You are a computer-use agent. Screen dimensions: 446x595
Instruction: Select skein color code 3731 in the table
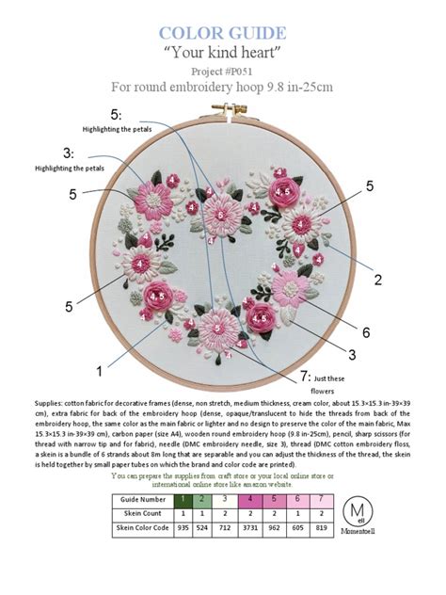(x=249, y=528)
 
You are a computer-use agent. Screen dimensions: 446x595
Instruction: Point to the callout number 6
(x=366, y=331)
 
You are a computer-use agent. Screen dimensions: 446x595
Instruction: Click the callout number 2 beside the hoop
(x=377, y=279)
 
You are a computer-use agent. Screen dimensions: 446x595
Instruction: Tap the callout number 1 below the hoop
(x=98, y=358)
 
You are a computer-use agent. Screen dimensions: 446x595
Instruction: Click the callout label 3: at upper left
(x=68, y=153)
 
